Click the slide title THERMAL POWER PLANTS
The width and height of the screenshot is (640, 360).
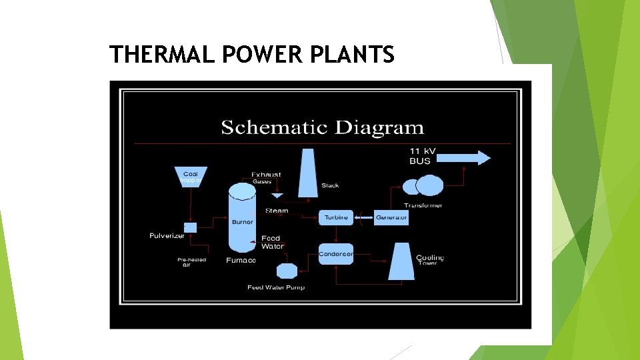pyautogui.click(x=252, y=53)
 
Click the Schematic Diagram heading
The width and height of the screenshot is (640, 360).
pyautogui.click(x=322, y=127)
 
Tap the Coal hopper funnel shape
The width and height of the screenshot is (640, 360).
pyautogui.click(x=191, y=177)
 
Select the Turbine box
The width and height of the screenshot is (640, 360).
pyautogui.click(x=337, y=217)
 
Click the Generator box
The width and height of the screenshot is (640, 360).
pyautogui.click(x=391, y=217)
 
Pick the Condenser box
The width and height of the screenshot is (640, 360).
pyautogui.click(x=336, y=254)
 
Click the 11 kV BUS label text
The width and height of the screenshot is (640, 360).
pyautogui.click(x=422, y=156)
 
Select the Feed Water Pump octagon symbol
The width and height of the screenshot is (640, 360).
pyautogui.click(x=286, y=271)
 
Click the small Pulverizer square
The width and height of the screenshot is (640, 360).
pyautogui.click(x=191, y=227)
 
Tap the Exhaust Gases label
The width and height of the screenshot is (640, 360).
pyautogui.click(x=266, y=178)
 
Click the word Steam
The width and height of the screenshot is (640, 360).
pyautogui.click(x=277, y=211)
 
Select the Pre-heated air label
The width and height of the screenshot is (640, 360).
pyautogui.click(x=191, y=262)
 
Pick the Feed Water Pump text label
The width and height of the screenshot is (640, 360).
pyautogui.click(x=276, y=288)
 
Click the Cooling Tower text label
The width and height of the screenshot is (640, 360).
pyautogui.click(x=430, y=260)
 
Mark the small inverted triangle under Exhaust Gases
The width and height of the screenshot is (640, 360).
pyautogui.click(x=277, y=195)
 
